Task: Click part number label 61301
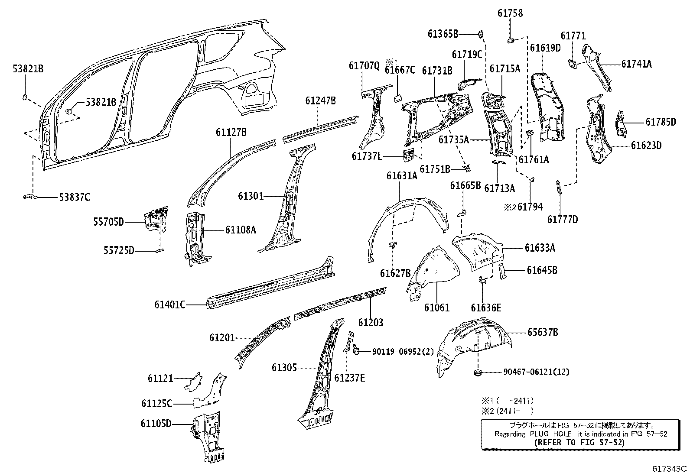pos(250,196)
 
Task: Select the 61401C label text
pos(170,304)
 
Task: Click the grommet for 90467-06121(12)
pos(478,372)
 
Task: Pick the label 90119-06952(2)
pos(403,352)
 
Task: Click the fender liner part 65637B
pos(472,346)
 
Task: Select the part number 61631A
pos(402,175)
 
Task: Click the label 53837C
pos(75,198)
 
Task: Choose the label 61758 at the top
pos(510,13)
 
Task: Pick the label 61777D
pos(562,220)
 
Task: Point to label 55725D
pos(119,250)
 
